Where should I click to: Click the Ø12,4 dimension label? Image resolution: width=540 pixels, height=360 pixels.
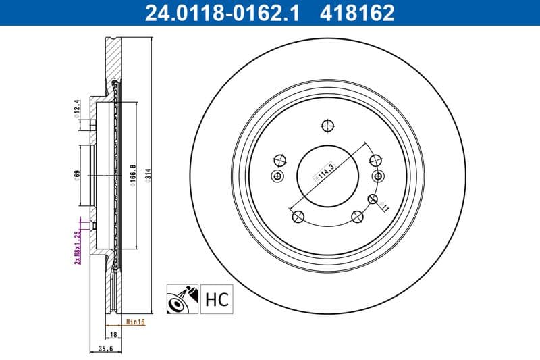coord(77,107)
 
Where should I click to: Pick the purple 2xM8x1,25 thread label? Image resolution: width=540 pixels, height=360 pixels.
coord(77,246)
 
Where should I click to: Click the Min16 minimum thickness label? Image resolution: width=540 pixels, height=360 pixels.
coord(136,322)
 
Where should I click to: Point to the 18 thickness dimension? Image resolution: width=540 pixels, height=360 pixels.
coord(113,334)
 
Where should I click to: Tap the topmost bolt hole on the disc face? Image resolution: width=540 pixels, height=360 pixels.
coord(327,125)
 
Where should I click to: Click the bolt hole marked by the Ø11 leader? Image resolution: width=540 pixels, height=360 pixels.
coord(371,199)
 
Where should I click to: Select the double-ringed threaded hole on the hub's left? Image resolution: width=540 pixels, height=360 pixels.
coord(277,176)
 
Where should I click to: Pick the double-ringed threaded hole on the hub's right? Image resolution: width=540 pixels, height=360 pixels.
coord(378,176)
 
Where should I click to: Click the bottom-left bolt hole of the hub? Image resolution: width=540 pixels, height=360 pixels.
coord(297,216)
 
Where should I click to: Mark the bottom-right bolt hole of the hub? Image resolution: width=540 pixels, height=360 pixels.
coord(357,216)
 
